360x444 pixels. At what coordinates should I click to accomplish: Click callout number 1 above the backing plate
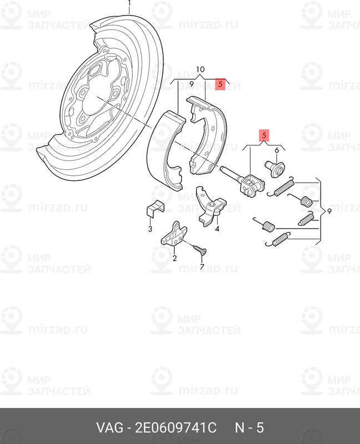pos(129,3)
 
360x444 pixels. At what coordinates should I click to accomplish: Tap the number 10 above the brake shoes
pos(200,69)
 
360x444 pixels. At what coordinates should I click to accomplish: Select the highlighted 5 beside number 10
pos(220,84)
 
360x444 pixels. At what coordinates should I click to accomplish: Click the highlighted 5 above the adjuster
pos(264,135)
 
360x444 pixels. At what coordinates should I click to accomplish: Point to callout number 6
pos(277,150)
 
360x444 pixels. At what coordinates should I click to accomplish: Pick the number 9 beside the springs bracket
pos(329,211)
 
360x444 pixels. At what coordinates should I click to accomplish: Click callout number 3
pos(150,229)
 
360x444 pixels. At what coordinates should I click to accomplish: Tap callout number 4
pos(217,229)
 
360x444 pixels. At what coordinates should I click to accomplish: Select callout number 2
pos(174,258)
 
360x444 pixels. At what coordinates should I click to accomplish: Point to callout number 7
pos(202,266)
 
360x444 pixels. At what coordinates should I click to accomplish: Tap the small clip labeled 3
pos(155,209)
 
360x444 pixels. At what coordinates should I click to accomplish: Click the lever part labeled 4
pos(211,206)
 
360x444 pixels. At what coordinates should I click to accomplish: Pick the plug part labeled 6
pos(275,169)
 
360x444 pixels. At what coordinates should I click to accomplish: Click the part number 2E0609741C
pos(176,427)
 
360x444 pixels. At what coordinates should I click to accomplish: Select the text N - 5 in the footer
pos(249,427)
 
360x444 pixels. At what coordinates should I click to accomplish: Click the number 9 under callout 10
pos(191,84)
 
